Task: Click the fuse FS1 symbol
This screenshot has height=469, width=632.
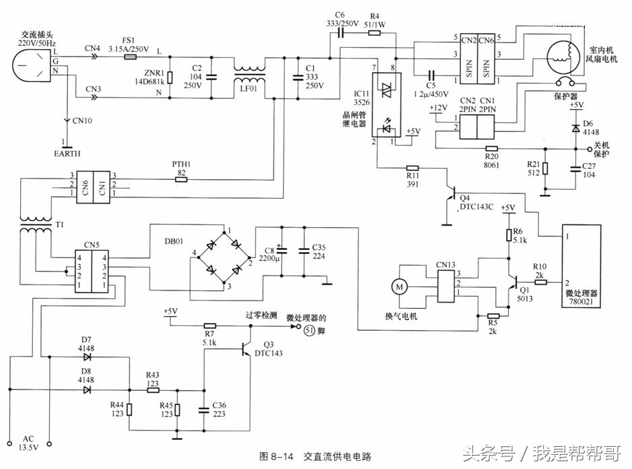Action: coord(131,59)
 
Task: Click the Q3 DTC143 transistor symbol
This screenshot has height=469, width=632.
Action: coord(246,348)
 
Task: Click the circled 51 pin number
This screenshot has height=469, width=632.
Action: coord(310,330)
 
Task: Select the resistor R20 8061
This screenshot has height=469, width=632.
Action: coord(491,148)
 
